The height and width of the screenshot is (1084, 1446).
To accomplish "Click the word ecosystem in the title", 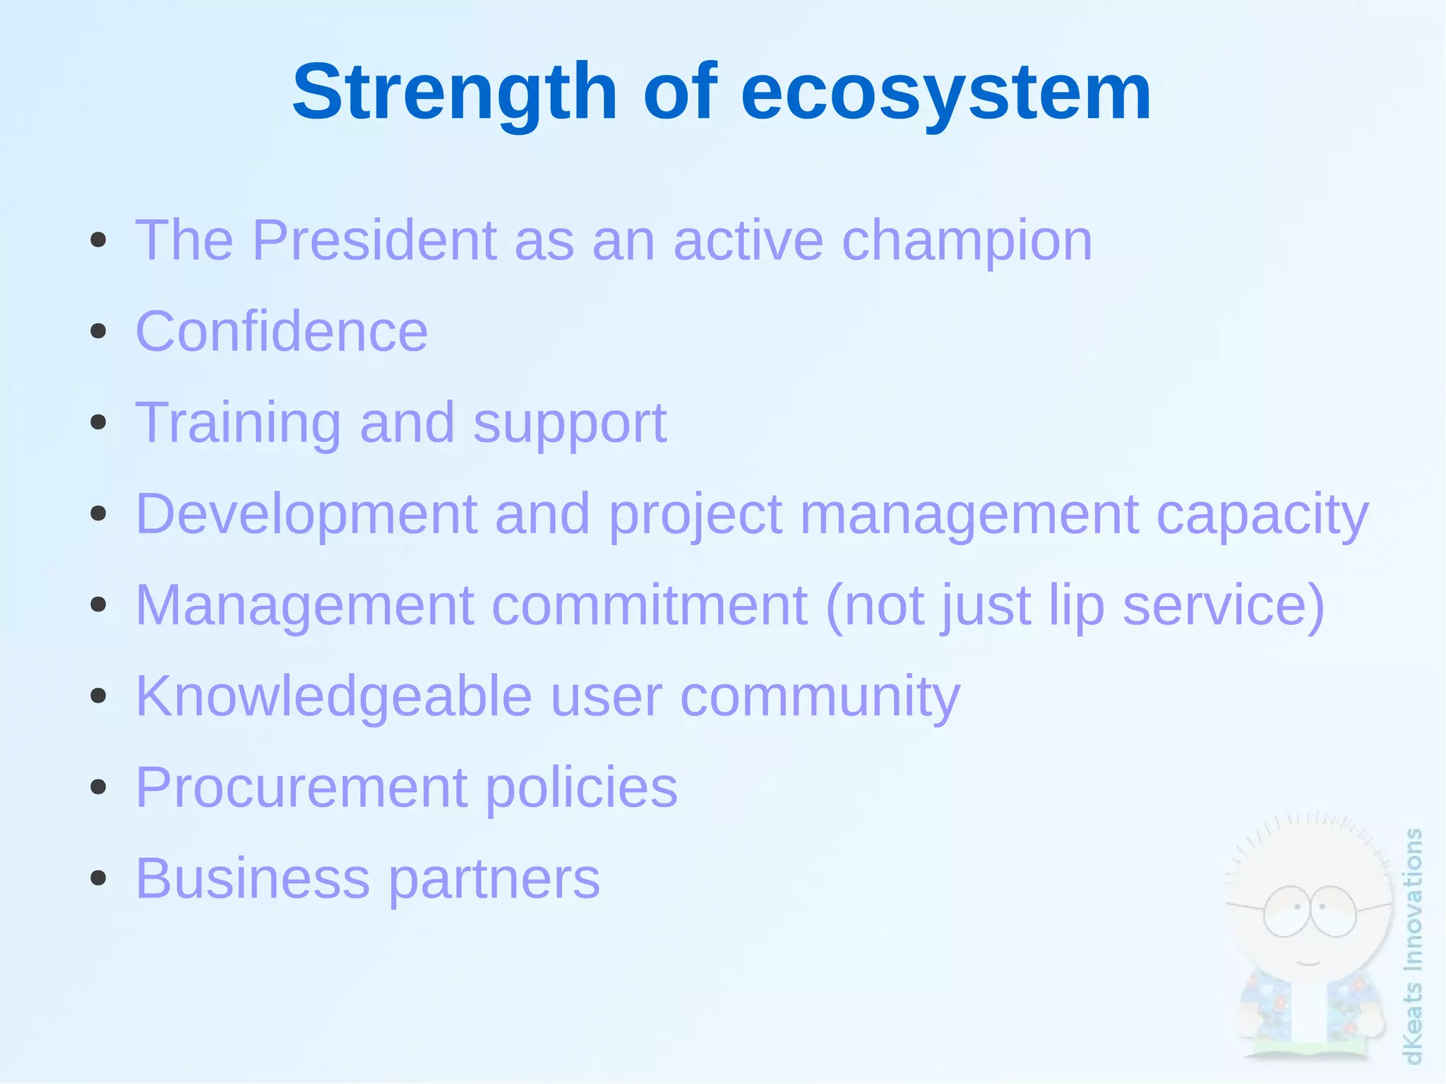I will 945,93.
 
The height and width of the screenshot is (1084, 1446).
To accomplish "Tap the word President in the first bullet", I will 374,241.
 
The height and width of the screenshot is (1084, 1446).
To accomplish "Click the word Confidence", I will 281,331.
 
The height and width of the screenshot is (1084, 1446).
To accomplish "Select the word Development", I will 306,515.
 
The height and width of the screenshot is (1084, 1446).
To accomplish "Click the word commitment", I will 649,605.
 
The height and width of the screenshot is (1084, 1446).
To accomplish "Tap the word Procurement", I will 301,787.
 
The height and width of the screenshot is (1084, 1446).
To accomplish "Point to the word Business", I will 252,878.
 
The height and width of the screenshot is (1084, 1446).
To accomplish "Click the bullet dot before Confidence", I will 98,331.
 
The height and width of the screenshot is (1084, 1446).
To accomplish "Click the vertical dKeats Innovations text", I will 1412,946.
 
